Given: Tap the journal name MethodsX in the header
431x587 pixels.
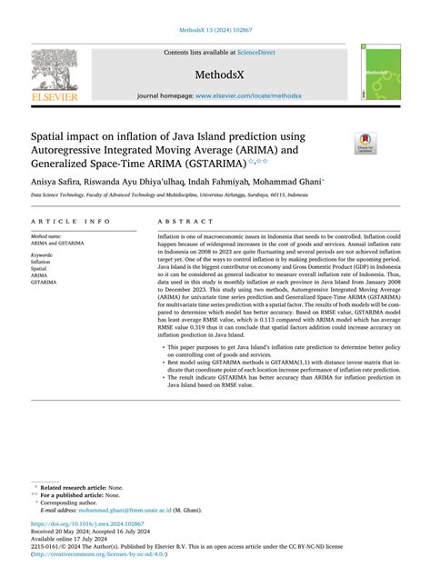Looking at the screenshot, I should click(215, 73).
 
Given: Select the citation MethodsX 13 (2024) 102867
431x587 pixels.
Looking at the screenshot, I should click(215, 29).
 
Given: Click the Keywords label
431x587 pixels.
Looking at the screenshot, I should click(43, 255).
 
